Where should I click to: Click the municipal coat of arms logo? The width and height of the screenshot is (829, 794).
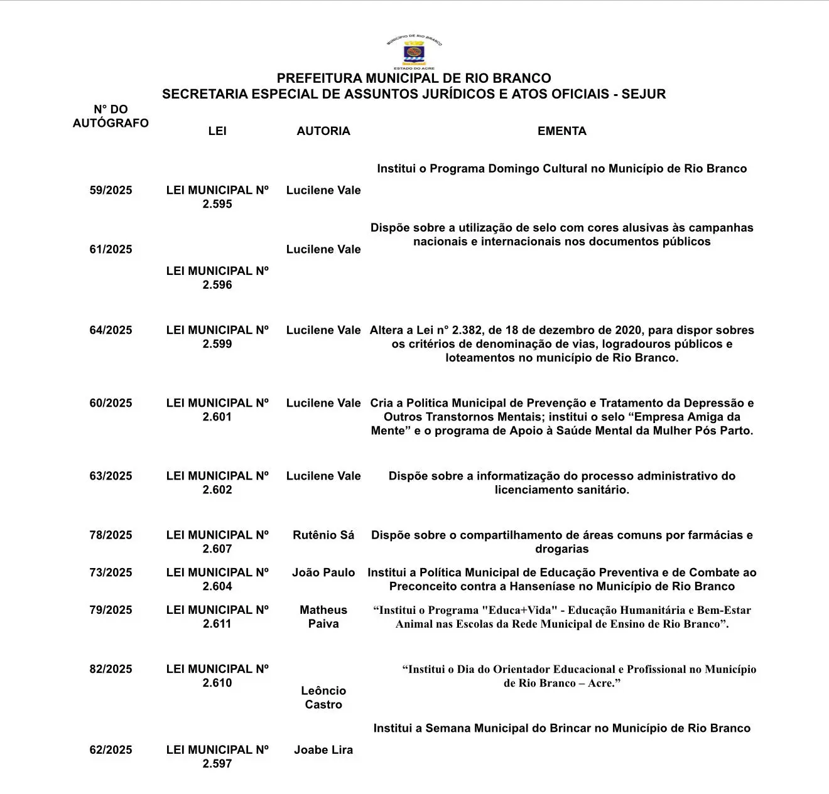[x=414, y=52]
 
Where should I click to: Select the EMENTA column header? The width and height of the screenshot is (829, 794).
[x=561, y=131]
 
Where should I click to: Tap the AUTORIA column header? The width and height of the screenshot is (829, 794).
[x=323, y=131]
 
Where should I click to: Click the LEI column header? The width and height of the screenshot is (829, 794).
[x=217, y=131]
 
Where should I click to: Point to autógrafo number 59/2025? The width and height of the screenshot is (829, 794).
[x=111, y=190]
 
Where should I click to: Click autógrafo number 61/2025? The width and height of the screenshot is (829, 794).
[x=111, y=249]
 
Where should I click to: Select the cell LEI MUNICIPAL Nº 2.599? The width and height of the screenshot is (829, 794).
[x=217, y=337]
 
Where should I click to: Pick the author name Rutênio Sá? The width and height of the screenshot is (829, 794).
[x=323, y=535]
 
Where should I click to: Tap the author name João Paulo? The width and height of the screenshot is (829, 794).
[x=323, y=572]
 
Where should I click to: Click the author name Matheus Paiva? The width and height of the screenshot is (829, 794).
[x=323, y=616]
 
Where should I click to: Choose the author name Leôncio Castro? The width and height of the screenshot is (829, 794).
[x=323, y=697]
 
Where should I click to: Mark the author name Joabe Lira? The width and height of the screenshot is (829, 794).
[x=323, y=749]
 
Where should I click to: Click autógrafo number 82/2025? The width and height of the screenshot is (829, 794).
[x=111, y=669]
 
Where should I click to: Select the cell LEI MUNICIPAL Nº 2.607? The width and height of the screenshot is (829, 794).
[x=217, y=542]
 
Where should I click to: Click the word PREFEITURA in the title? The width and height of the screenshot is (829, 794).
[x=320, y=78]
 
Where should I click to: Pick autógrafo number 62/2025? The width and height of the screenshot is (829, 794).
[x=111, y=749]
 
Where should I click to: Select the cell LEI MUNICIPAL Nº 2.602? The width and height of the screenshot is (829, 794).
[x=217, y=483]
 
